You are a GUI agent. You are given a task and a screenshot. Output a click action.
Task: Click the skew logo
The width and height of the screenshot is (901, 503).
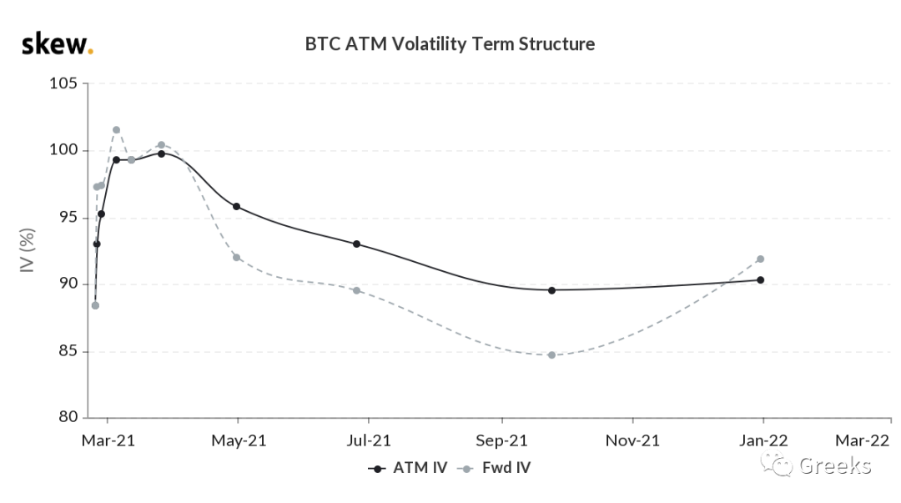point(58,44)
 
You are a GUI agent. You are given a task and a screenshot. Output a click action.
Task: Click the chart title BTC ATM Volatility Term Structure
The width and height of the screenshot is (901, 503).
point(450,44)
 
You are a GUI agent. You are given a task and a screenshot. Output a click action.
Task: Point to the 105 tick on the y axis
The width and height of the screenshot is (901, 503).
point(63,83)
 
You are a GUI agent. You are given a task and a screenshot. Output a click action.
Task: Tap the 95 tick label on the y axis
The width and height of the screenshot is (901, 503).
point(68,217)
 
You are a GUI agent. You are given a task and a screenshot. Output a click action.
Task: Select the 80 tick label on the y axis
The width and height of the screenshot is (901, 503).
point(68,417)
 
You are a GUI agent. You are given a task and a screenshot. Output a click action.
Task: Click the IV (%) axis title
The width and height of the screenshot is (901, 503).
point(27,250)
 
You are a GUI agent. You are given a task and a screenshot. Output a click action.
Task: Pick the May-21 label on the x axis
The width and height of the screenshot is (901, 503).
point(239,441)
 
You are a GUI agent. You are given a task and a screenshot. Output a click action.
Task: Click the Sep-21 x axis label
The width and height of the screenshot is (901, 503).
point(501,441)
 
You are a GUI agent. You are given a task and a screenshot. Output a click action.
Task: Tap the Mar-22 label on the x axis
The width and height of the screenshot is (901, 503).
point(862,441)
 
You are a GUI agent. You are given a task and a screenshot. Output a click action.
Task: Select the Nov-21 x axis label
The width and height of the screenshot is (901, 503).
point(632,441)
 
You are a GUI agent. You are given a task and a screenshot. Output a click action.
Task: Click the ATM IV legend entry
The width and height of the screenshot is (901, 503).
point(407,468)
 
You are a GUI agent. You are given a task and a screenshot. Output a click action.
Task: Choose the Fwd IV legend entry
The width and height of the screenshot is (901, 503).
point(494,468)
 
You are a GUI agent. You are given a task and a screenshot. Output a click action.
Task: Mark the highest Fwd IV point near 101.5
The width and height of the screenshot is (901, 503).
point(116,130)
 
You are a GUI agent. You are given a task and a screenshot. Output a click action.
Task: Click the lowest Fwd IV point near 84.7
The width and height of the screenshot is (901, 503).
point(551,355)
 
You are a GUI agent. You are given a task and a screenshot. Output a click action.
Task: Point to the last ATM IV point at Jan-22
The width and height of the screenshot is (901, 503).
point(761,280)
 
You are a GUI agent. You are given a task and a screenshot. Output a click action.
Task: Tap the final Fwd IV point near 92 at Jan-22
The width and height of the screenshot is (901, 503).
point(761,259)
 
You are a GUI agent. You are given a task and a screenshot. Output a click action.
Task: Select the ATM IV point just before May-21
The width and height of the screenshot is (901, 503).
point(236,206)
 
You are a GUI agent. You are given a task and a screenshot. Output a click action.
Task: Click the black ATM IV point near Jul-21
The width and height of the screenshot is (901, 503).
point(356,244)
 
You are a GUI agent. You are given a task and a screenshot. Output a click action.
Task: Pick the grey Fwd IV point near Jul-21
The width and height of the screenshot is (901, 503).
point(356,290)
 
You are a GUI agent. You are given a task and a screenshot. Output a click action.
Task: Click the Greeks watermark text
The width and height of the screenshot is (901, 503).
point(835,465)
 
